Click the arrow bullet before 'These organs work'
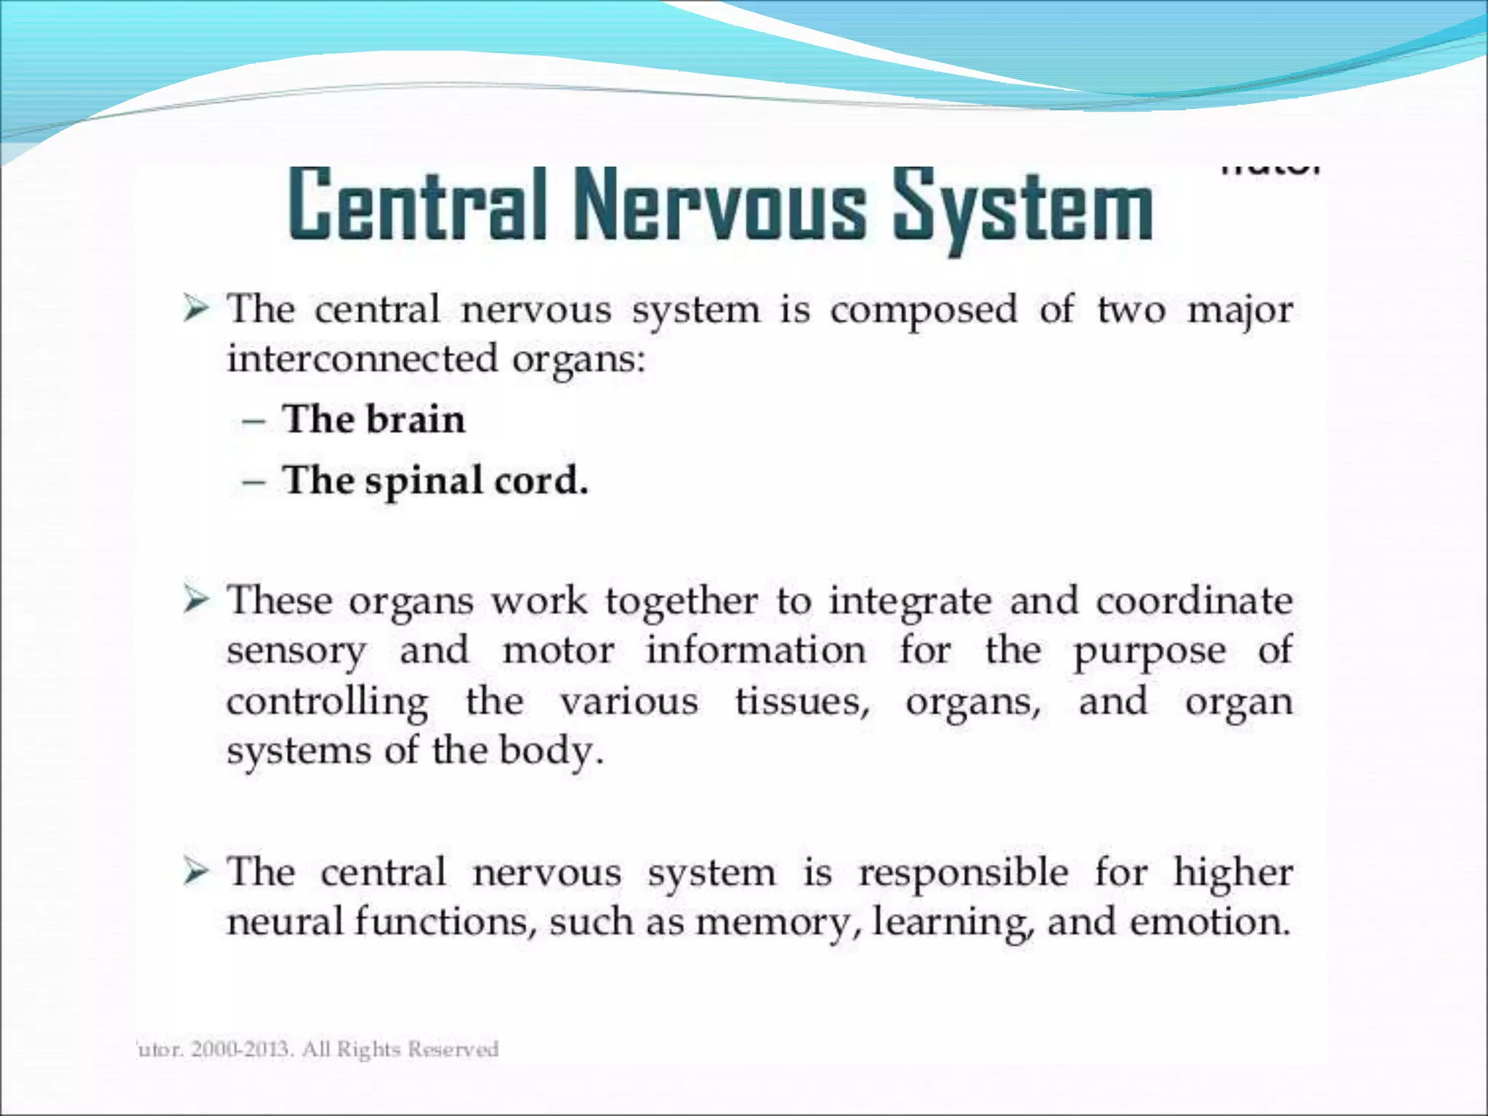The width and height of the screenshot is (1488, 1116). [195, 602]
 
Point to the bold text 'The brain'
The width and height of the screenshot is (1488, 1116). [373, 420]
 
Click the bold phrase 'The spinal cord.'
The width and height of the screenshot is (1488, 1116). [435, 481]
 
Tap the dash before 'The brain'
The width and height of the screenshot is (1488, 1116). [253, 421]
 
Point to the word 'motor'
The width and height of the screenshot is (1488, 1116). [558, 650]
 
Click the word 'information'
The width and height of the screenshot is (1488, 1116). [756, 650]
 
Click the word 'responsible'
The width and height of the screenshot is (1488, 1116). [963, 873]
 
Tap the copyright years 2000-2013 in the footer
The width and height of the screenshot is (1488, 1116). [242, 1050]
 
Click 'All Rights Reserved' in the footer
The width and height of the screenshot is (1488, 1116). [400, 1050]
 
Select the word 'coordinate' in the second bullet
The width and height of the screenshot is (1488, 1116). [1194, 602]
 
